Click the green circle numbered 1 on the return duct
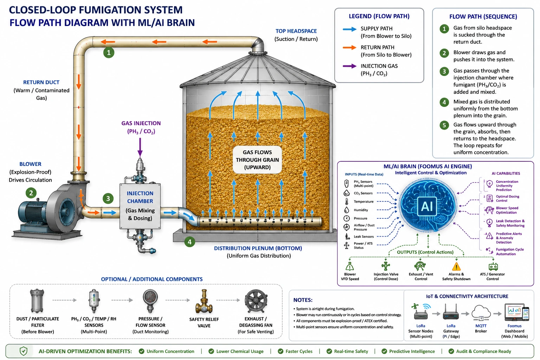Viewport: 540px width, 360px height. pyautogui.click(x=109, y=52)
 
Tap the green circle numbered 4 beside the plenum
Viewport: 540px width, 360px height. pyautogui.click(x=190, y=242)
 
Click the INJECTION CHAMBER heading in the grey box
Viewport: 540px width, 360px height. pyautogui.click(x=140, y=197)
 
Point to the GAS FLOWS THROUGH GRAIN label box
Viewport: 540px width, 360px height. pyautogui.click(x=257, y=160)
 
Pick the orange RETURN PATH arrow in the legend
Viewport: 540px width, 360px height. pyautogui.click(x=349, y=47)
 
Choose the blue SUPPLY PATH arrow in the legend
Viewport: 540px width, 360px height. pyautogui.click(x=349, y=29)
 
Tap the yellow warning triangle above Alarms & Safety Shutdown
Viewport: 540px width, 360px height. pyautogui.click(x=456, y=266)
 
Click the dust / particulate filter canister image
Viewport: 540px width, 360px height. pyautogui.click(x=37, y=301)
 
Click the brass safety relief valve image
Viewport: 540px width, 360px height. pyautogui.click(x=204, y=301)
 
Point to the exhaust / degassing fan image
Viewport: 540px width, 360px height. pyautogui.click(x=256, y=301)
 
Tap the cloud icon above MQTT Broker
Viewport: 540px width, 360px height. pyautogui.click(x=481, y=313)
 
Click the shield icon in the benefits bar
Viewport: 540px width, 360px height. pyautogui.click(x=24, y=351)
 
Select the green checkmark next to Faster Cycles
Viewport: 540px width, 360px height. pyautogui.click(x=280, y=351)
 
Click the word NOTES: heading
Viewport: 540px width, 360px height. pyautogui.click(x=303, y=300)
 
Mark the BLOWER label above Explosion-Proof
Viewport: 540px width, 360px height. pyautogui.click(x=30, y=164)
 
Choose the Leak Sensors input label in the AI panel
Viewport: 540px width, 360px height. pyautogui.click(x=364, y=237)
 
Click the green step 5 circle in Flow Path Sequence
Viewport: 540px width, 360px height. pyautogui.click(x=444, y=125)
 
